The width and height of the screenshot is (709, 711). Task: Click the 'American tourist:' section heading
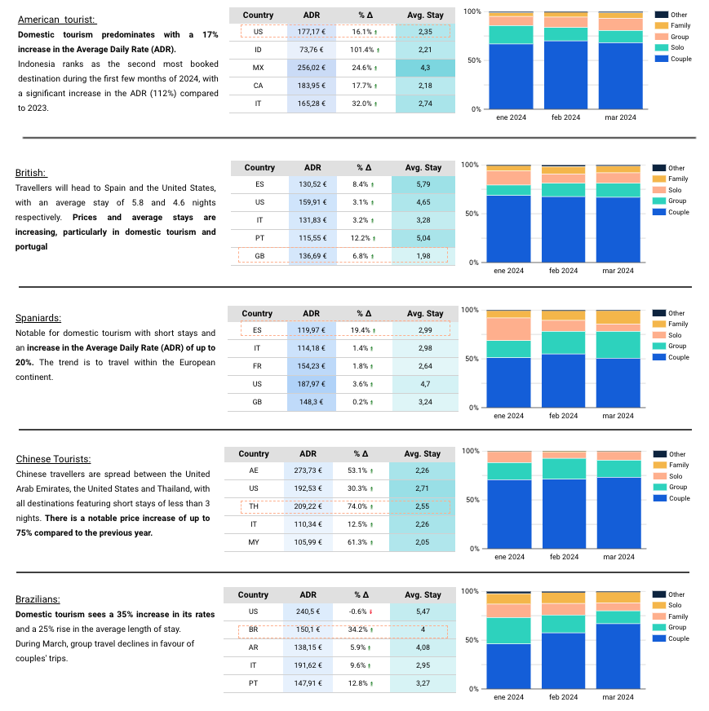[56, 19]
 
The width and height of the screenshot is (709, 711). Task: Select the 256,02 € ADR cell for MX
[312, 68]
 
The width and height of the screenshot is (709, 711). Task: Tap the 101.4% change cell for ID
[365, 50]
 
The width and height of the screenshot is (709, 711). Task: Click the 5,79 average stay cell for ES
[423, 184]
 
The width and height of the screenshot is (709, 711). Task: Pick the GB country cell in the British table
[259, 255]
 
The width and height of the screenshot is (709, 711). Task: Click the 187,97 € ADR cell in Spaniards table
[312, 383]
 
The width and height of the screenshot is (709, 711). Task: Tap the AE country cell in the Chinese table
[254, 470]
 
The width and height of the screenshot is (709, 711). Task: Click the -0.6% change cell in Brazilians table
[361, 612]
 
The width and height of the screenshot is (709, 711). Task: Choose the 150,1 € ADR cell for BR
[308, 630]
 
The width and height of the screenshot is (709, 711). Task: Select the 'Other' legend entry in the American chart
[678, 15]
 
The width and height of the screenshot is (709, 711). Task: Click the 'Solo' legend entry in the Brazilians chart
[674, 606]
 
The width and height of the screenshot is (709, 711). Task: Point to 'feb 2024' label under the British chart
[564, 270]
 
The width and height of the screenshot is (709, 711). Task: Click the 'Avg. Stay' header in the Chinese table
[423, 454]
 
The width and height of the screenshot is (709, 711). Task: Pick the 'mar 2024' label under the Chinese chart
[618, 557]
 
